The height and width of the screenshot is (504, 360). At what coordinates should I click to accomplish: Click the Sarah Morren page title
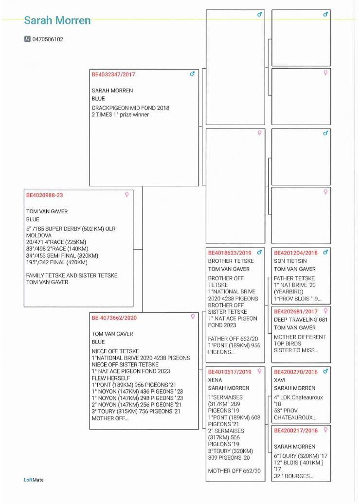tap(57, 20)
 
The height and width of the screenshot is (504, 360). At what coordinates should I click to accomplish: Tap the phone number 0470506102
tap(48, 39)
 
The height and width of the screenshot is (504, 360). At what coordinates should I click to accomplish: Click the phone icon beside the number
tap(27, 39)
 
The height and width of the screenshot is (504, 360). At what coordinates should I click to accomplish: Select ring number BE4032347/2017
tap(113, 75)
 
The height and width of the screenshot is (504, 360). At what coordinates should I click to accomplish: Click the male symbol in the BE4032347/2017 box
tap(192, 74)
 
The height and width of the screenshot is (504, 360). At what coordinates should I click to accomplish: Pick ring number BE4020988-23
tap(44, 195)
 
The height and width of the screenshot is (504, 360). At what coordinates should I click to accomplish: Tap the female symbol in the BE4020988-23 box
tap(126, 195)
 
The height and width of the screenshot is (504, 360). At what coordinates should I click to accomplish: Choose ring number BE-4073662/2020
tap(114, 318)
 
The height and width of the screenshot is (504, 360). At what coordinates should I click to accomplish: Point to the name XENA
tap(215, 380)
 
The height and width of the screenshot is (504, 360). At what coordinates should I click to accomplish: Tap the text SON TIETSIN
tap(290, 261)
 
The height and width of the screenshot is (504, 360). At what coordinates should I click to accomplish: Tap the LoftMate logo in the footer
tap(34, 480)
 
